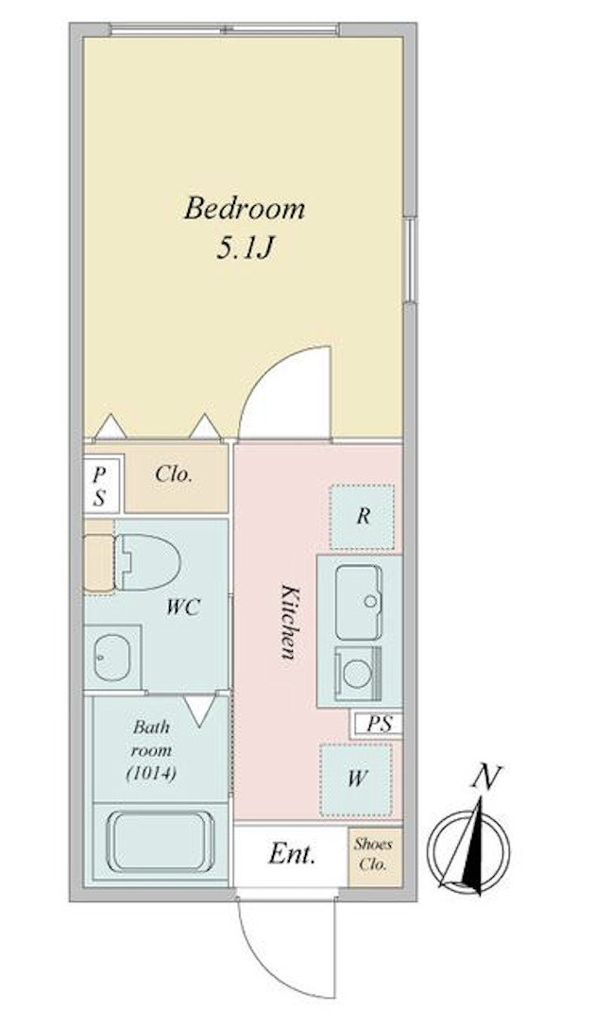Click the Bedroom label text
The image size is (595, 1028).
pos(245,208)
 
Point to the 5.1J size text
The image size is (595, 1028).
pos(246,248)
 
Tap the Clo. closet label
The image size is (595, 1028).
pos(175,475)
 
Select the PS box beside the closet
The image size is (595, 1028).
pos(100,485)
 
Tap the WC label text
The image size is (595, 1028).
pos(183,608)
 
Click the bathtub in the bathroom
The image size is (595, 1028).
pos(156,841)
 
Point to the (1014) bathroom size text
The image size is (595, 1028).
pos(152,773)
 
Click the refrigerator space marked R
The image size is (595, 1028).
pos(362,517)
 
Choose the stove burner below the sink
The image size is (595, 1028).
pos(358,673)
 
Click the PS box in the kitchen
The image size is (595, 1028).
pos(379,724)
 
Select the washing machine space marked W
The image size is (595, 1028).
pos(356,780)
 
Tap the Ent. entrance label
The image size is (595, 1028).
pos(292,855)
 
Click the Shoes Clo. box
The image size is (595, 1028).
pos(373,855)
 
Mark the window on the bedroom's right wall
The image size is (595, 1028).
pos(410,259)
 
